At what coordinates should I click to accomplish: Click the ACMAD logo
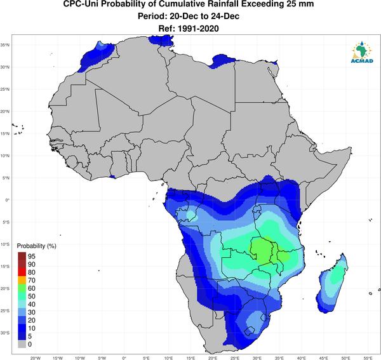pyautogui.click(x=362, y=52)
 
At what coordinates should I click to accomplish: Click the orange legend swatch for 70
pyautogui.click(x=22, y=281)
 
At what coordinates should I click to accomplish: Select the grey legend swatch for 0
pyautogui.click(x=22, y=344)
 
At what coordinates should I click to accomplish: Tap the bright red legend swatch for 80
pyautogui.click(x=22, y=272)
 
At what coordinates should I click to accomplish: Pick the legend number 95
pyautogui.click(x=32, y=257)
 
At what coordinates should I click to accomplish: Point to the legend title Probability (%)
pyautogui.click(x=36, y=246)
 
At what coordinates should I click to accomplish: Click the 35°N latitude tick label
pyautogui.click(x=5, y=45)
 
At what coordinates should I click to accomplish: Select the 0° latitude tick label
pyautogui.click(x=6, y=200)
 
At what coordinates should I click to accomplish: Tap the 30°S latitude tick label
pyautogui.click(x=5, y=333)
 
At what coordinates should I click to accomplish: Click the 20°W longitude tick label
pyautogui.click(x=36, y=358)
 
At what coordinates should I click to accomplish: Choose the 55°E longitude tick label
pyautogui.click(x=368, y=358)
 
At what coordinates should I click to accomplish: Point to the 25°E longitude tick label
pyautogui.click(x=235, y=358)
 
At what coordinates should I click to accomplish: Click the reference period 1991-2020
pyautogui.click(x=198, y=29)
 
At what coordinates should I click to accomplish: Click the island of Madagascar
pyautogui.click(x=332, y=284)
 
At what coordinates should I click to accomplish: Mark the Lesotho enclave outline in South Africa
pyautogui.click(x=250, y=331)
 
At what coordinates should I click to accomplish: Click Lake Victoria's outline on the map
pyautogui.click(x=257, y=210)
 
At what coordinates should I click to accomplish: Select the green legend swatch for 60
pyautogui.click(x=22, y=288)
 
